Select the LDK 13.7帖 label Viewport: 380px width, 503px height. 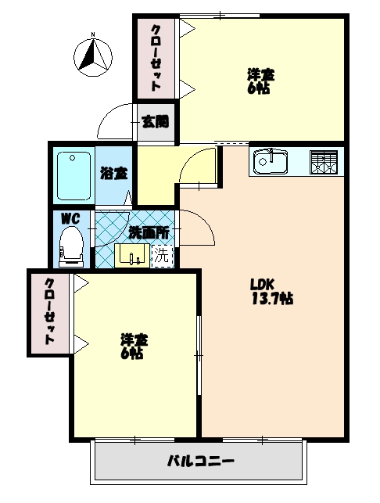(x=271, y=291)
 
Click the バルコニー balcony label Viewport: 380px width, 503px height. (x=200, y=461)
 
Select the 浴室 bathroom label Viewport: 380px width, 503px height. (x=113, y=174)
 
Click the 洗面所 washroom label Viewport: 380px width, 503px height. (x=149, y=232)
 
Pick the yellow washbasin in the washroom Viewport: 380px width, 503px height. (x=131, y=254)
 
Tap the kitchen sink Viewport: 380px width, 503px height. (x=271, y=163)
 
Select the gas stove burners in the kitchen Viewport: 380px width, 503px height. (x=325, y=162)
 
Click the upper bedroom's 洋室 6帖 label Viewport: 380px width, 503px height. (x=260, y=81)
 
